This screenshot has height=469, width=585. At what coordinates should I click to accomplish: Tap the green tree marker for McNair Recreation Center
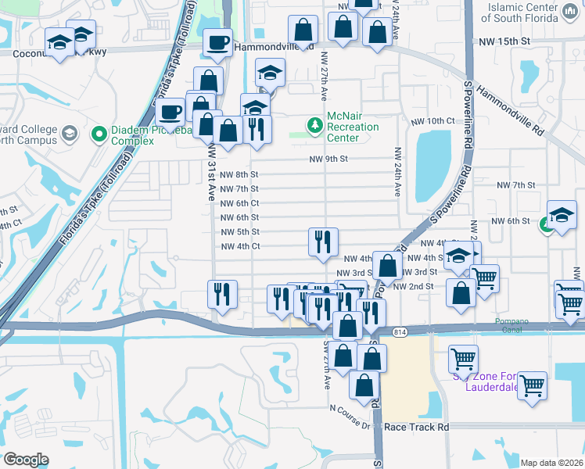[314, 125]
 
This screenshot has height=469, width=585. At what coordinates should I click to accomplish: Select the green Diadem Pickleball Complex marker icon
[99, 135]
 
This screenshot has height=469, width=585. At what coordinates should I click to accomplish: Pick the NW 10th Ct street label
[432, 121]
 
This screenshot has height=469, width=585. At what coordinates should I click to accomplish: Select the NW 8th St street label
[239, 174]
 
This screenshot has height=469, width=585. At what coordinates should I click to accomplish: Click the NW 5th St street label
[239, 232]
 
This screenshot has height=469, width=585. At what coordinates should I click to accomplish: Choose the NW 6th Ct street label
[239, 203]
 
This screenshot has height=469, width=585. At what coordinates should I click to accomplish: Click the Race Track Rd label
[422, 428]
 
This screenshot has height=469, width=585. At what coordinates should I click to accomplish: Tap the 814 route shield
[399, 332]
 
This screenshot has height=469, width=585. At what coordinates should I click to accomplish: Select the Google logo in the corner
[26, 460]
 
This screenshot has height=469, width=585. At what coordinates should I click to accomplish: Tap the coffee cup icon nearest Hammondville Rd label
[218, 42]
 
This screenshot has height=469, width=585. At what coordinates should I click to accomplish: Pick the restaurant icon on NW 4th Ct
[323, 242]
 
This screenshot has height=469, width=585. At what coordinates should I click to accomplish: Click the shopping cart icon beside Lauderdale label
[532, 385]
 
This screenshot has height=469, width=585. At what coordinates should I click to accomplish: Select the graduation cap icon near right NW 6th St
[562, 215]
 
